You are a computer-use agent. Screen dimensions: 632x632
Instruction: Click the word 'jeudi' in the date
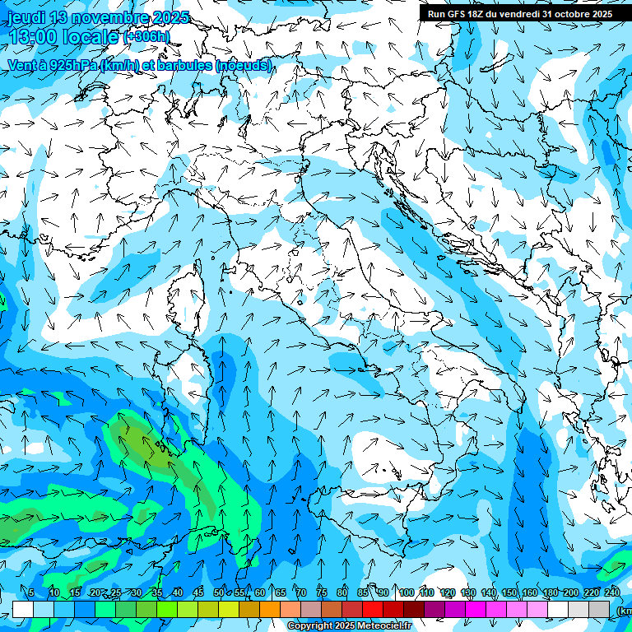(26, 18)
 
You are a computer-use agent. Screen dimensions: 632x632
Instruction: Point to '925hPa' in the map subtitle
(69, 65)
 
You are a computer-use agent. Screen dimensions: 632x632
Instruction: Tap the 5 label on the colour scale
(31, 593)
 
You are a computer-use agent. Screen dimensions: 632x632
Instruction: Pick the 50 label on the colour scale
(219, 593)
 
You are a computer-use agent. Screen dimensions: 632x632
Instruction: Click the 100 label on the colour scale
(406, 593)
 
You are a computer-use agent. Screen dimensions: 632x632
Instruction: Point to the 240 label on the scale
(611, 593)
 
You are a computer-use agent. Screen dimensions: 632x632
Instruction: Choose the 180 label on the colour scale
(550, 593)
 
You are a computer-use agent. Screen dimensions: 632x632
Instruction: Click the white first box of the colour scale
(23, 609)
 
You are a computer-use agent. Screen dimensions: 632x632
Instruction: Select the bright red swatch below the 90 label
(374, 609)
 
